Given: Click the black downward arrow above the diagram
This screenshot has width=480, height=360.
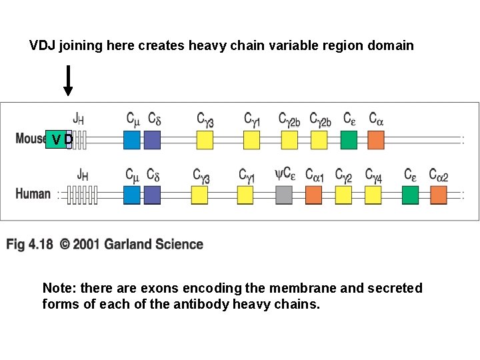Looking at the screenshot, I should tap(67, 81).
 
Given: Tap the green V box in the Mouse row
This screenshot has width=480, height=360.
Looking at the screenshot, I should tap(55, 139).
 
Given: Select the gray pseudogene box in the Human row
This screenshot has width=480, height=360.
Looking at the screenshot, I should tap(284, 195).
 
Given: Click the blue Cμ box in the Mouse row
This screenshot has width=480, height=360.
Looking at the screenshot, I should tap(132, 140).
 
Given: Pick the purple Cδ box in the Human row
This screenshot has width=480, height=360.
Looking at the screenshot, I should tap(152, 195).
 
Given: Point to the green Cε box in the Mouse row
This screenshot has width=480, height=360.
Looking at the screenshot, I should tap(349, 140).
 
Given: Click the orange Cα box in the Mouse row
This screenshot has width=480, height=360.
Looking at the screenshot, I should tap(376, 140).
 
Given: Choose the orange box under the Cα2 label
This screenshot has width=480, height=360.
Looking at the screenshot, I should tap(438, 195).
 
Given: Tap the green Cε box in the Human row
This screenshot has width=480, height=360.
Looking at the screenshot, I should tap(411, 195).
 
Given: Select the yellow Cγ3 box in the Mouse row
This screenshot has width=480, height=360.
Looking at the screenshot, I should tap(205, 140).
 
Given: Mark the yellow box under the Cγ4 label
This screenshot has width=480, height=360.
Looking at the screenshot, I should tap(373, 195).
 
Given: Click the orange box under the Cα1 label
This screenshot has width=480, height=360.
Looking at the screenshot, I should tap(313, 195).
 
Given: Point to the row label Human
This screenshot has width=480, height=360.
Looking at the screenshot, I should tap(33, 194).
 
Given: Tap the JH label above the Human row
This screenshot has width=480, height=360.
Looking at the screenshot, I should tap(83, 175).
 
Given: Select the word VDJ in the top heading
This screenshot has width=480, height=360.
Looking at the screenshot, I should tap(43, 46).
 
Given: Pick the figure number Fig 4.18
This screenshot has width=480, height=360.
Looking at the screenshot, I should tap(29, 244).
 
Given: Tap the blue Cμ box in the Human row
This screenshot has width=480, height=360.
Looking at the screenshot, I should tap(132, 195).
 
